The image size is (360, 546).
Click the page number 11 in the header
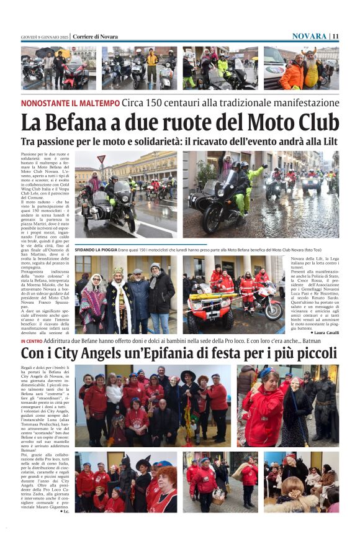(335, 36)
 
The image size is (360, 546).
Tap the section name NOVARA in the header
(309, 36)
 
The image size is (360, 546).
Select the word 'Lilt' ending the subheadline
(328, 142)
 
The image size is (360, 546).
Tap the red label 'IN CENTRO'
(31, 342)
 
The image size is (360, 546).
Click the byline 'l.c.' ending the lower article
(65, 511)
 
